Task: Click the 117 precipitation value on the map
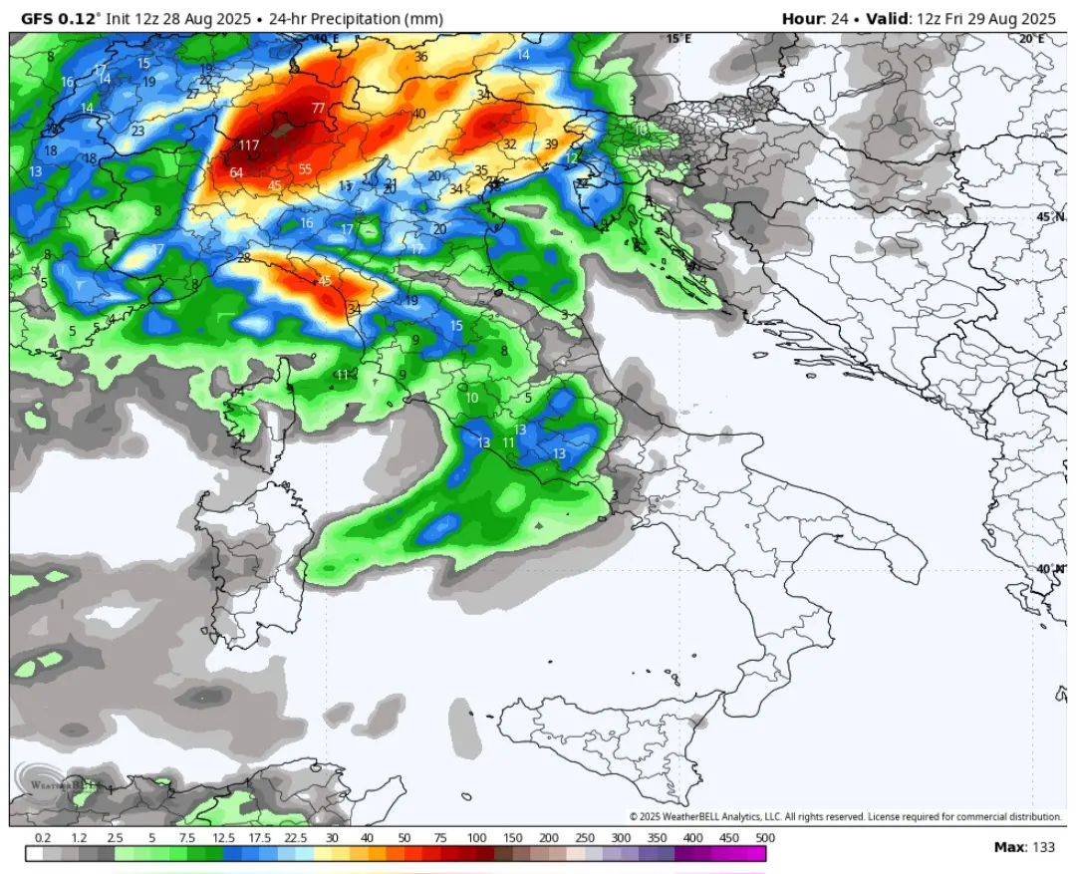coord(249,146)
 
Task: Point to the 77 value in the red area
coord(318,108)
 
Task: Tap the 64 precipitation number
coord(236,172)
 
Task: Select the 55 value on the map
coord(305,169)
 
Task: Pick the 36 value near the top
coord(420,57)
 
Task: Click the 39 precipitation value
coord(550,145)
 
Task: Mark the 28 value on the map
coord(244,258)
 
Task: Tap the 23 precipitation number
coord(137,131)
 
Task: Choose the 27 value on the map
coord(193,94)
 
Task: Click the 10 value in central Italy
coord(471,398)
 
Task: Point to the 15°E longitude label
coord(678,38)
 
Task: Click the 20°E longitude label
coord(1031,38)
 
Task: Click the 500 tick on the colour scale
coord(765,838)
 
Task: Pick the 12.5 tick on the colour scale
coord(223,838)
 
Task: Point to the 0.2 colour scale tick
coord(43,838)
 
